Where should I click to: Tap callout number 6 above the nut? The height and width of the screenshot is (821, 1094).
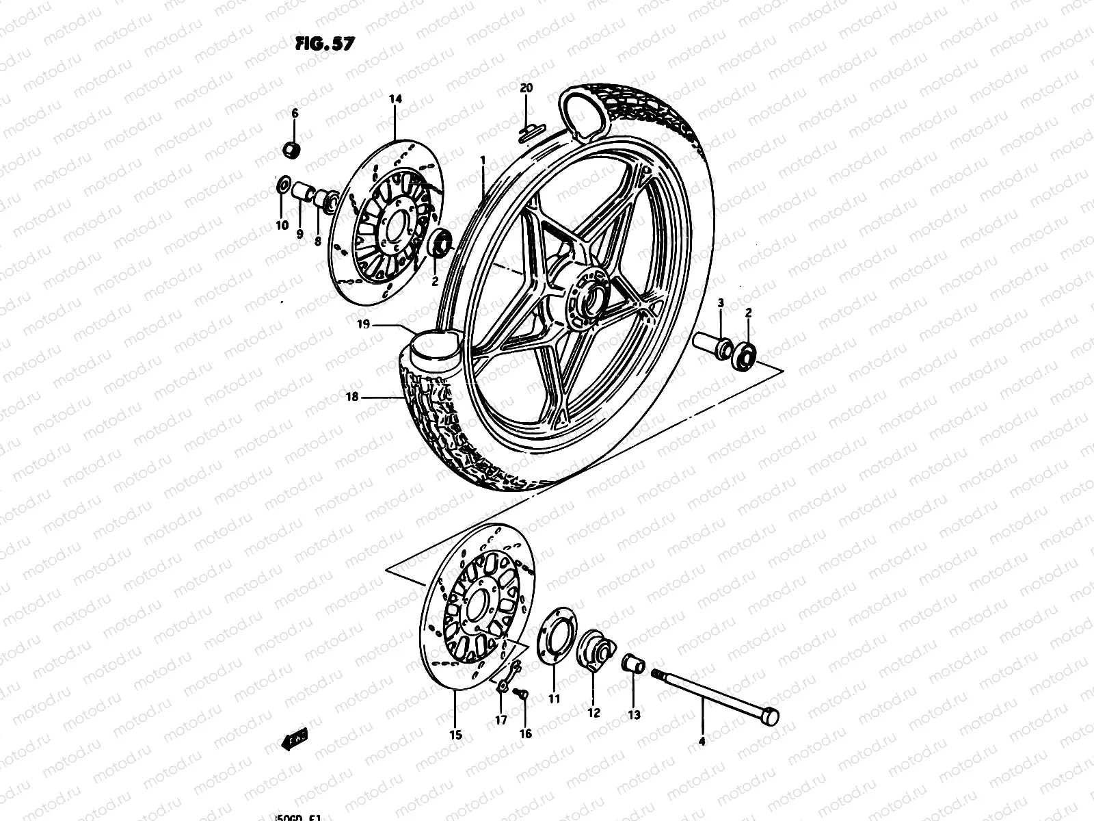pyautogui.click(x=295, y=113)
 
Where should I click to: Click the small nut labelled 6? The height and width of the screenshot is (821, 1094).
pyautogui.click(x=292, y=148)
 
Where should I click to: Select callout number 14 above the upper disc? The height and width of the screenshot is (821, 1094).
pyautogui.click(x=396, y=99)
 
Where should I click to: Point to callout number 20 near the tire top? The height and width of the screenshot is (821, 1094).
pyautogui.click(x=525, y=88)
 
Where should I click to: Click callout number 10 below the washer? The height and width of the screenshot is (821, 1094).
pyautogui.click(x=282, y=225)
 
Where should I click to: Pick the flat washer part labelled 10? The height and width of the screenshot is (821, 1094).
pyautogui.click(x=282, y=185)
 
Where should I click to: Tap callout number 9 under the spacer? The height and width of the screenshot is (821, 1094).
pyautogui.click(x=299, y=233)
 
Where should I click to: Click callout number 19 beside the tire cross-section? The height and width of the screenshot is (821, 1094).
pyautogui.click(x=363, y=324)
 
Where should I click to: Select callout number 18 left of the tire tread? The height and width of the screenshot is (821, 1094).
pyautogui.click(x=353, y=396)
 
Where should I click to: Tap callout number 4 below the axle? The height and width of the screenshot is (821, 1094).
pyautogui.click(x=702, y=740)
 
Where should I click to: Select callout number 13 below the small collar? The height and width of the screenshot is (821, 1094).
pyautogui.click(x=634, y=715)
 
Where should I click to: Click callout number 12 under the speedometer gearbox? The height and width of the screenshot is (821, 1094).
pyautogui.click(x=593, y=713)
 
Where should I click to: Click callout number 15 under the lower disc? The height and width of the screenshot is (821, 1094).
pyautogui.click(x=456, y=735)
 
